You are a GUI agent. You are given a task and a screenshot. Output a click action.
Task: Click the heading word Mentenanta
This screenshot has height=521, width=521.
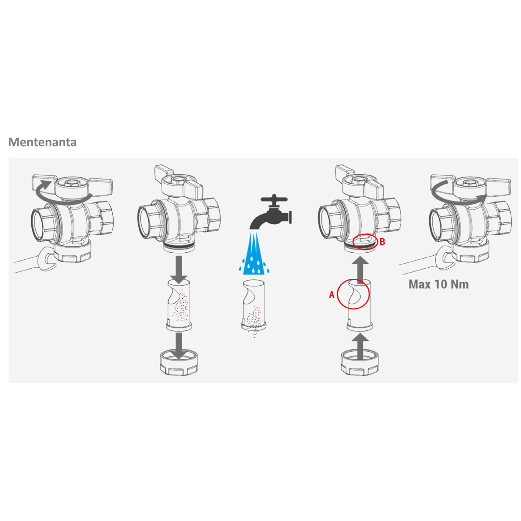coord(42,142)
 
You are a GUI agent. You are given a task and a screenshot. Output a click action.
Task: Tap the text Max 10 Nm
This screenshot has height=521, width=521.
coord(439,284)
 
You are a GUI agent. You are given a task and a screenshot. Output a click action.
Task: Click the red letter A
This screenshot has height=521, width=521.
coord(331,295)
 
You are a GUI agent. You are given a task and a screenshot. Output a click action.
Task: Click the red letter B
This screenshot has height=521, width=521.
coord(382,242)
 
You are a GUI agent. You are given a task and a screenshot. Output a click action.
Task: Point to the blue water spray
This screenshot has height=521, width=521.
coord(254,253)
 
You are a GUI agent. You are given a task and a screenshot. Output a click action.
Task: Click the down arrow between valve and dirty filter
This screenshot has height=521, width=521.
coord(178,270)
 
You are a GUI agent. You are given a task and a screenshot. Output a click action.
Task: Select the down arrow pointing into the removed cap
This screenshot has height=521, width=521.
coord(178,346)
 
